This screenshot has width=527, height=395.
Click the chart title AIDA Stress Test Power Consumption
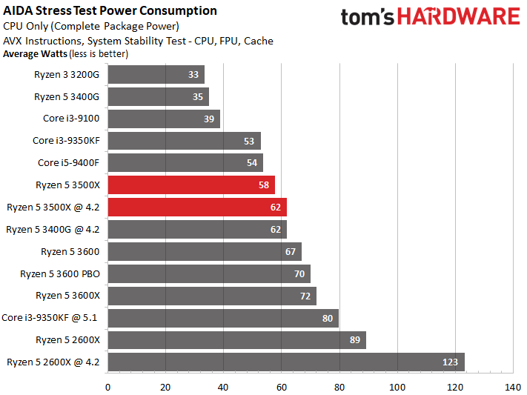click(110, 10)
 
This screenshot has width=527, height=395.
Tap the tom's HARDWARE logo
click(431, 18)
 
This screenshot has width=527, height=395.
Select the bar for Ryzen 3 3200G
click(156, 75)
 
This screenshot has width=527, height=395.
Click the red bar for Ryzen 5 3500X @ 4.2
click(197, 208)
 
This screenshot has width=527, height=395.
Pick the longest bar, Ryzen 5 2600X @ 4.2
click(286, 362)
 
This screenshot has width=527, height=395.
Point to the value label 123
click(450, 362)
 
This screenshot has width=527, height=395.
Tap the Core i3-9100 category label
click(71, 119)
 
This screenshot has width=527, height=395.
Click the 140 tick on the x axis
click(512, 387)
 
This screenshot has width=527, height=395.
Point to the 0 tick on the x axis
click(107, 387)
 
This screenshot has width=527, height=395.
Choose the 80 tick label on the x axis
click(339, 387)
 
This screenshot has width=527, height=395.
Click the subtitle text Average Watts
click(35, 53)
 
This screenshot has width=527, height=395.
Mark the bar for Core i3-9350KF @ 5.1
click(222, 318)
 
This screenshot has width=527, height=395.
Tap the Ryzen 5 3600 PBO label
click(60, 273)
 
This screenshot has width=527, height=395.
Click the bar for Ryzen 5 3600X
click(211, 296)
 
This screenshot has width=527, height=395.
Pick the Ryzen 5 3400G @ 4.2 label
click(53, 230)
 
